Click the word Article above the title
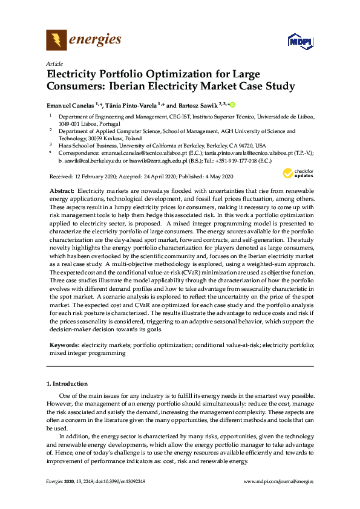(54, 63)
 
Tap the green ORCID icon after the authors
(232, 104)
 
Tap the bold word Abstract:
(62, 190)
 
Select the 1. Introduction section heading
(67, 384)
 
